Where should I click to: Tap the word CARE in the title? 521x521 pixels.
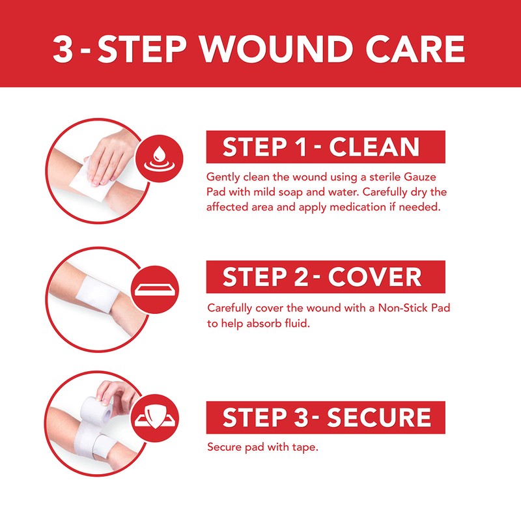[413, 49]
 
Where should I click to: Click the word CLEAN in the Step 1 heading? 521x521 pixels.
[374, 147]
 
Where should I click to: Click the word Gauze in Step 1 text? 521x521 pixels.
[432, 176]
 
